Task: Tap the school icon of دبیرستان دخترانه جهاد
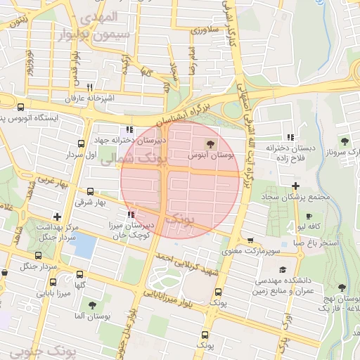coord(128,129)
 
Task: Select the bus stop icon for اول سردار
coord(82,143)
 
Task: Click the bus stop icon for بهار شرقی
coord(90,191)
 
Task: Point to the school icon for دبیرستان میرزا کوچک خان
coord(130,214)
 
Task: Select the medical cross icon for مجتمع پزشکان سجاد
coord(295,185)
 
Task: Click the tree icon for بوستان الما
coord(92,304)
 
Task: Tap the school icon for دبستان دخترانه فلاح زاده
coord(290,137)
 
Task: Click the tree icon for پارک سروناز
coord(344,141)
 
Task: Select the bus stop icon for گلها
coord(79,274)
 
